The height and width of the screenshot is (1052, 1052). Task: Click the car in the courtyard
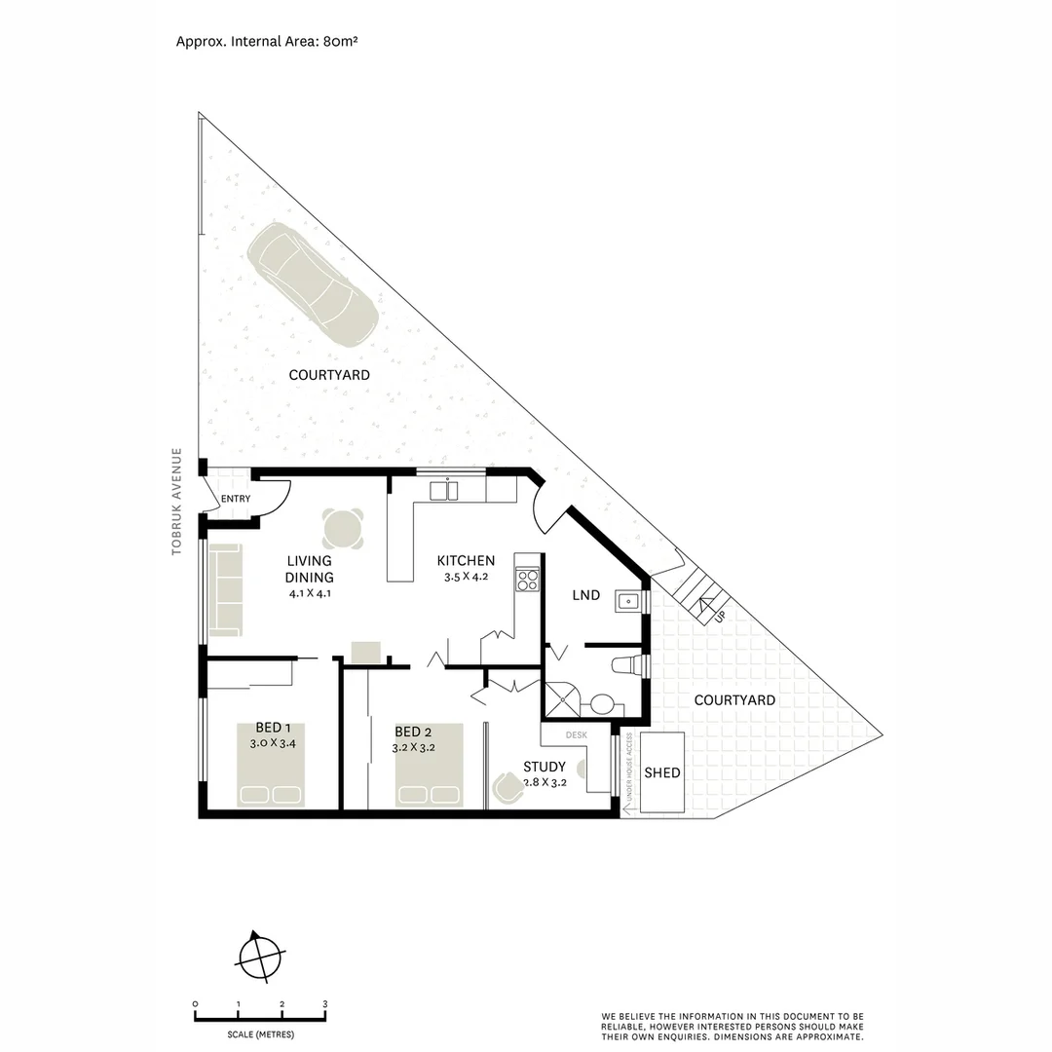click(312, 284)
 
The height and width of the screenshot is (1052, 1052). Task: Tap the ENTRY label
click(236, 499)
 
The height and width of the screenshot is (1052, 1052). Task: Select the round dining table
click(343, 529)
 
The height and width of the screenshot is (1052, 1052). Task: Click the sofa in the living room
click(225, 589)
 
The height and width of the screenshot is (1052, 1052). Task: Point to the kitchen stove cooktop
click(527, 580)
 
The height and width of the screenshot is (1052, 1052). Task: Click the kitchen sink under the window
click(443, 491)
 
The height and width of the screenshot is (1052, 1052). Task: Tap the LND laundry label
click(585, 595)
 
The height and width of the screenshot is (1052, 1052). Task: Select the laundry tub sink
click(629, 602)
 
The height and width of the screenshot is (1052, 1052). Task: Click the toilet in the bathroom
click(629, 665)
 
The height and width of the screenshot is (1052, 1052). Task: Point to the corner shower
click(561, 699)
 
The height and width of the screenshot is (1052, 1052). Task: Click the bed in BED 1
click(271, 765)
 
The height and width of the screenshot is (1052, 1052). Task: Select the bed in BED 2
click(429, 765)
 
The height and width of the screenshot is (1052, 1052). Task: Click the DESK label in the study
click(577, 735)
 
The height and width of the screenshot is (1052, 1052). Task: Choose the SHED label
click(662, 772)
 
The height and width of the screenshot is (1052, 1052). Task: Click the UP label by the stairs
click(720, 615)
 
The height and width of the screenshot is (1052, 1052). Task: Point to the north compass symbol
click(260, 957)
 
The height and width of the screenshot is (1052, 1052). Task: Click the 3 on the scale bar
click(325, 1004)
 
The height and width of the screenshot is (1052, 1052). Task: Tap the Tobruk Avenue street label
click(176, 502)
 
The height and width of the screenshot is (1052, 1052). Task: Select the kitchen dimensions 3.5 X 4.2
click(466, 577)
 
